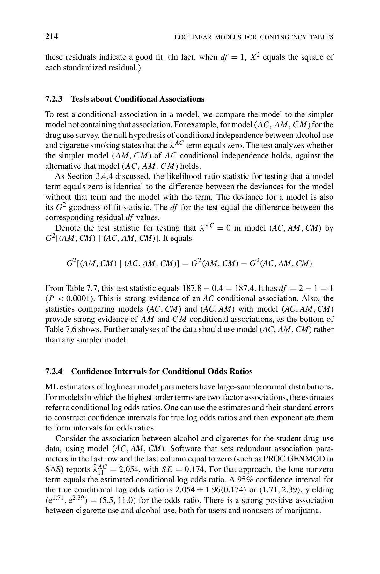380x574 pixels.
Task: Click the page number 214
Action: pos(52,37)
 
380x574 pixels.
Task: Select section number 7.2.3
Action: pos(54,99)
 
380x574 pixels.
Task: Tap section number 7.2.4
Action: pos(54,372)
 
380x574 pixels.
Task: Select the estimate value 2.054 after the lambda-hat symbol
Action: pos(129,469)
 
